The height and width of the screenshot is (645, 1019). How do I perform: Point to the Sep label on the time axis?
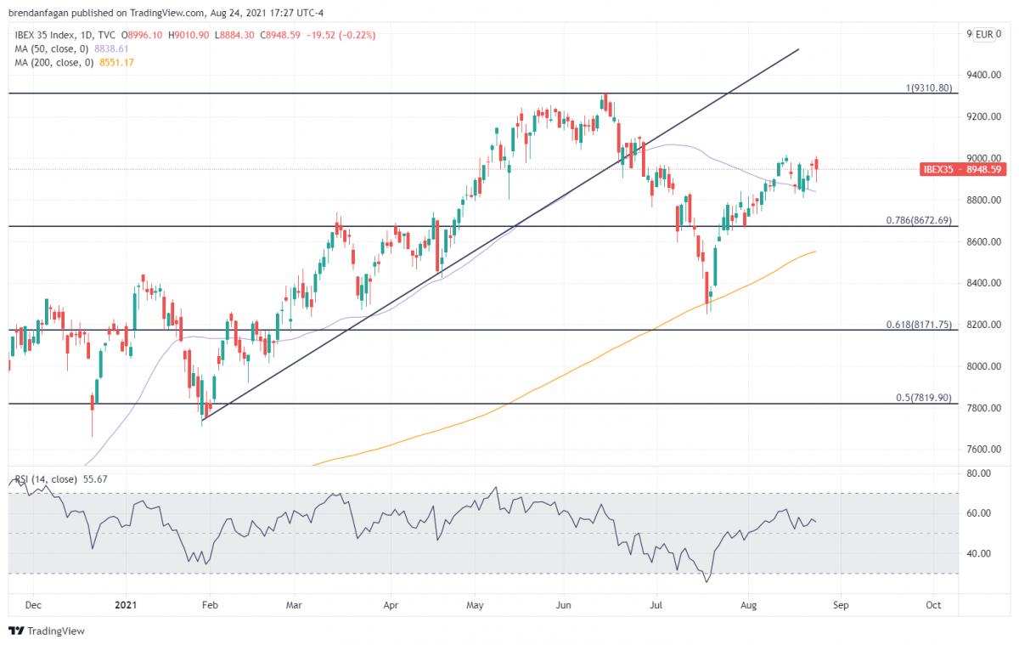pyautogui.click(x=840, y=606)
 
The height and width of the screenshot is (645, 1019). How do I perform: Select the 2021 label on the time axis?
pyautogui.click(x=125, y=606)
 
